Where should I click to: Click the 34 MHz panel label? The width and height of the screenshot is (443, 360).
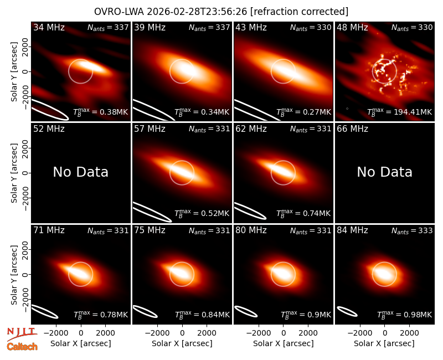tap(49, 27)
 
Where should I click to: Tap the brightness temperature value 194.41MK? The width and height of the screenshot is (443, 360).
tap(414, 112)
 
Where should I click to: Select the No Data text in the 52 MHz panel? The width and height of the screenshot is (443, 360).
tap(81, 172)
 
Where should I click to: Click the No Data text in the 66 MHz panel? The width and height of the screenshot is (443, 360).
tap(384, 172)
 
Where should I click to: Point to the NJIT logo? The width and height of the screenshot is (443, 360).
tap(22, 334)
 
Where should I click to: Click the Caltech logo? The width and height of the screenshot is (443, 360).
tap(22, 347)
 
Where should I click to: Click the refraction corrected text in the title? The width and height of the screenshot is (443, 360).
tap(299, 12)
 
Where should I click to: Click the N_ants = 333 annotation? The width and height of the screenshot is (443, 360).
tap(412, 231)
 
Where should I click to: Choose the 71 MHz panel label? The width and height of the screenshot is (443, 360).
tap(49, 230)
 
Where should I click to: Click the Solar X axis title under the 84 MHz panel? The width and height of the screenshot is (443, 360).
tap(384, 343)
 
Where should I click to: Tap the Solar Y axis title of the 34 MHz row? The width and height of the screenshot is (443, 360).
tap(14, 72)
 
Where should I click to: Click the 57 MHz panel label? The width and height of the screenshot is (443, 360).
tap(150, 129)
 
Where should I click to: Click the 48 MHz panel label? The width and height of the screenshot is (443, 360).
tap(352, 27)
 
